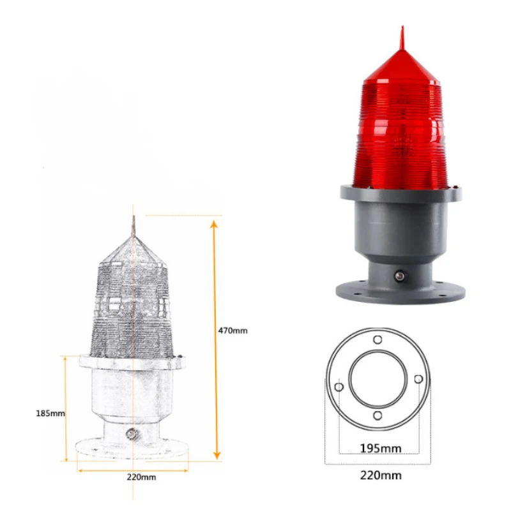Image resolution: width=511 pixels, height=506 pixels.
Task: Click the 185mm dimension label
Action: point(50,413)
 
